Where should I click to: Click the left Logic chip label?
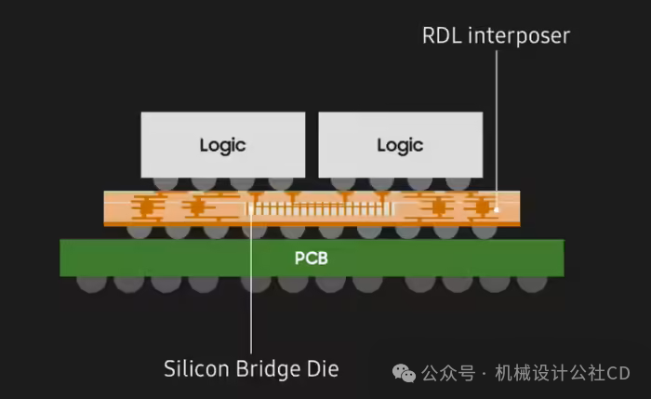pyautogui.click(x=222, y=146)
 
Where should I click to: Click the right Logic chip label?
pyautogui.click(x=400, y=146)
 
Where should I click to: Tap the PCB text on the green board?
pyautogui.click(x=311, y=259)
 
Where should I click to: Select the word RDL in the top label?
pyautogui.click(x=442, y=35)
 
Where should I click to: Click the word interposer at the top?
pyautogui.click(x=519, y=36)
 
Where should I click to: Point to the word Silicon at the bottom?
pyautogui.click(x=196, y=368)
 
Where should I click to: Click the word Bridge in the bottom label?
pyautogui.click(x=268, y=369)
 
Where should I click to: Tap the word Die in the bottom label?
pyautogui.click(x=323, y=368)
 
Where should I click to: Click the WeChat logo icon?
pyautogui.click(x=404, y=373)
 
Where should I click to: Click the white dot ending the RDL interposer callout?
pyautogui.click(x=496, y=210)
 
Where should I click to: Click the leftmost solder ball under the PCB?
pyautogui.click(x=92, y=284)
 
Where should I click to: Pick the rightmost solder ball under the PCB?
pyautogui.click(x=532, y=284)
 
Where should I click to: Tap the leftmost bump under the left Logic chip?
pyautogui.click(x=166, y=184)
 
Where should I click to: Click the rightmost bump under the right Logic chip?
pyautogui.click(x=458, y=184)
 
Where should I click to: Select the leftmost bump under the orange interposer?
pyautogui.click(x=139, y=233)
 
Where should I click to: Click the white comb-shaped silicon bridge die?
pyautogui.click(x=320, y=208)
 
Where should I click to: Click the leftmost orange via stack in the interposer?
pyautogui.click(x=145, y=206)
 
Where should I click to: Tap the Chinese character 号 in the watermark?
pyautogui.click(x=466, y=373)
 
